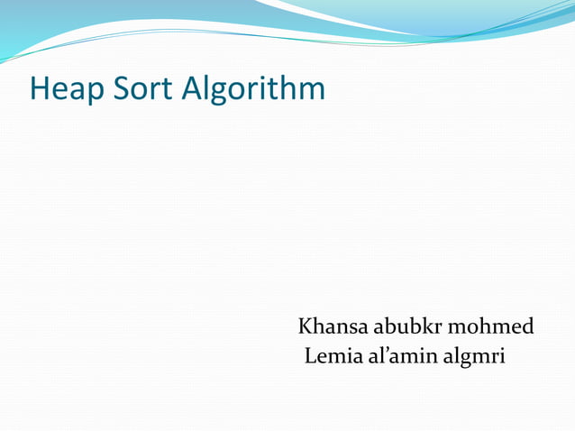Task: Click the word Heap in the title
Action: [x=68, y=88]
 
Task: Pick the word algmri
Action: [x=473, y=357]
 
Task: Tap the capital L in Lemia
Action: [x=311, y=356]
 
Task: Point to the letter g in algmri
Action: [x=460, y=360]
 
